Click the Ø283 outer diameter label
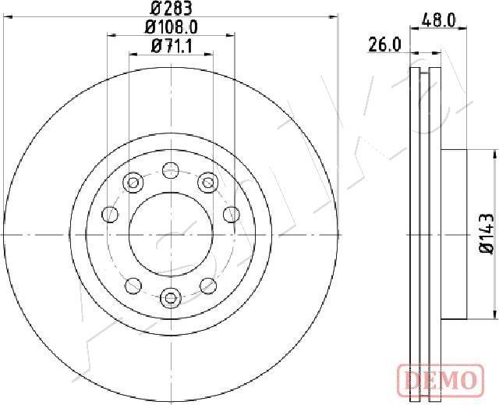tap(171, 9)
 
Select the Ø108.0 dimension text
tap(171, 27)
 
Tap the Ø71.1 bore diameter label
tap(171, 46)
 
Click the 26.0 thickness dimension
tap(384, 45)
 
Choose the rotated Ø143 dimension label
tap(485, 233)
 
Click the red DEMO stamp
tap(438, 381)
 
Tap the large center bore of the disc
tap(170, 233)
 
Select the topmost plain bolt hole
tap(170, 168)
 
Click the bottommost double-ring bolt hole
tap(170, 297)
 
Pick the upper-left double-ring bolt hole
tap(133, 183)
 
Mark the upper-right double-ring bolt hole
tap(207, 183)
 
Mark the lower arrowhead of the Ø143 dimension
tap(494, 312)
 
